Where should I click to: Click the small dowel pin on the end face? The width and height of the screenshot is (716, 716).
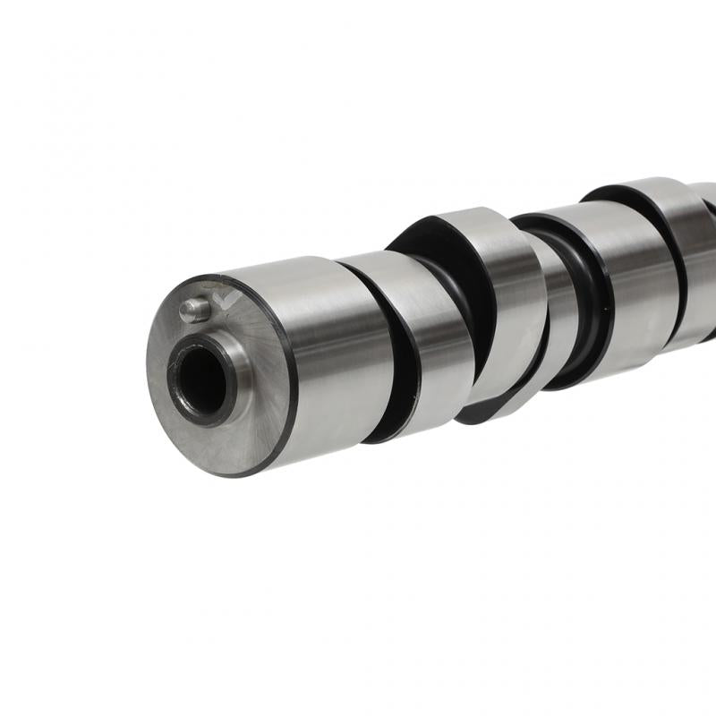pyautogui.click(x=193, y=310)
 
